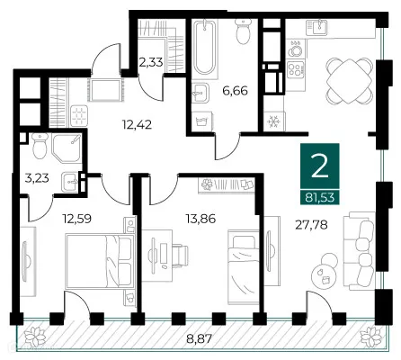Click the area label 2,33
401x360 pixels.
tap(151, 62)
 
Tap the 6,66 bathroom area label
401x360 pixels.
tap(236, 90)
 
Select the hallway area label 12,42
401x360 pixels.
tap(137, 124)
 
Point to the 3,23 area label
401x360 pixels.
tap(37, 178)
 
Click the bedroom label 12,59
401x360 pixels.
tap(76, 219)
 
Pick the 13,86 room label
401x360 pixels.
tap(200, 219)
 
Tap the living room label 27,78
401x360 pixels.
tap(311, 224)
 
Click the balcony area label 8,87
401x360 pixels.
tap(200, 339)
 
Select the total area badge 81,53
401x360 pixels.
tap(320, 197)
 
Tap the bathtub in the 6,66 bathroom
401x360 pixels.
tap(204, 48)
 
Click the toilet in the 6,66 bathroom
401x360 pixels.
tap(243, 31)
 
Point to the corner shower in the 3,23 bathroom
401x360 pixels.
tap(67, 148)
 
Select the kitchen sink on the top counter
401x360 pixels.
tap(317, 27)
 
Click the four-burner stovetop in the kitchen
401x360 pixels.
tap(295, 69)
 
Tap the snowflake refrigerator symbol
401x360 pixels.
tap(273, 121)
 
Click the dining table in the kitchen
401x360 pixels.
tap(349, 81)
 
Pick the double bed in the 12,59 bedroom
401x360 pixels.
tap(100, 261)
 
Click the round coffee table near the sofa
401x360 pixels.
tap(323, 276)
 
